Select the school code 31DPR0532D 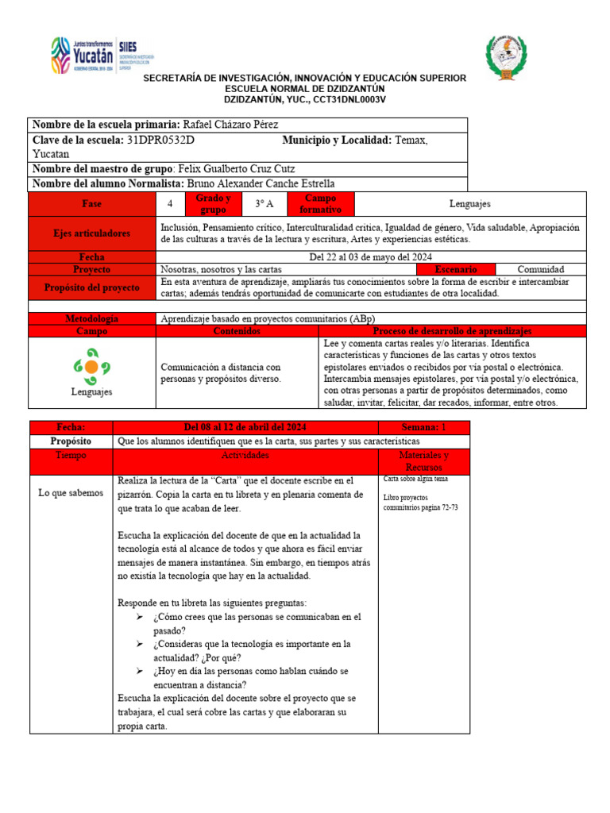click(x=160, y=141)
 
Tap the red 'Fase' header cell click(x=91, y=204)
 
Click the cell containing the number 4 click(x=170, y=204)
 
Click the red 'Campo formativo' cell click(x=320, y=204)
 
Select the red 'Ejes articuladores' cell click(x=91, y=233)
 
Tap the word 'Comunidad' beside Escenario click(x=541, y=269)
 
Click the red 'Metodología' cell click(x=91, y=318)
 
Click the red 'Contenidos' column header click(x=237, y=330)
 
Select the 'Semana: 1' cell click(x=423, y=427)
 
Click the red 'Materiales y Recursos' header click(x=423, y=461)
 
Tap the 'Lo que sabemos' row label click(x=71, y=493)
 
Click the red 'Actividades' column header click(x=245, y=456)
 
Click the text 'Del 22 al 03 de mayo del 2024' click(x=370, y=257)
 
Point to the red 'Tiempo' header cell click(x=71, y=456)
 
